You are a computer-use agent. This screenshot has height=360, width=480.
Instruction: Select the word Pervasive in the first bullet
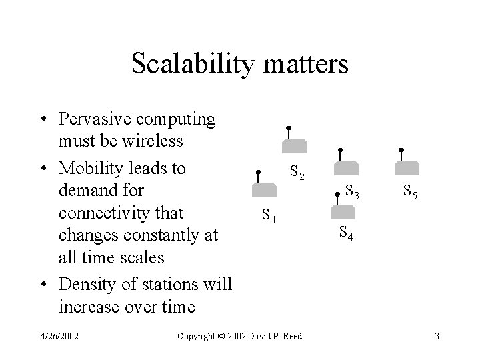point(95,119)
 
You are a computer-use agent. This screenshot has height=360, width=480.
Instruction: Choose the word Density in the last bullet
point(86,283)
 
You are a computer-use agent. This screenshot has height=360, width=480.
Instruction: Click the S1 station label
point(269,215)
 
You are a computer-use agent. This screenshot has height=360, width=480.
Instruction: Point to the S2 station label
point(298,174)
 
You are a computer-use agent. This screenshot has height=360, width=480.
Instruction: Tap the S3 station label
point(353,192)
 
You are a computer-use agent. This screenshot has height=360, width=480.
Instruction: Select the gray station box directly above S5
point(407,167)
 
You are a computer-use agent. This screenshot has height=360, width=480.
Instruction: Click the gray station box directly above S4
point(345,211)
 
